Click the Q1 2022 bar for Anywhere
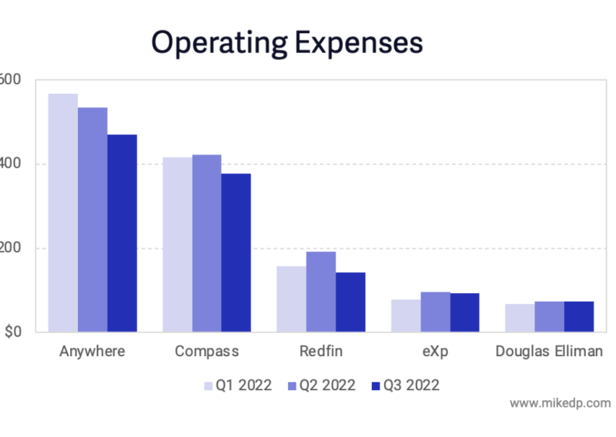click(63, 213)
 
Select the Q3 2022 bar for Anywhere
click(122, 233)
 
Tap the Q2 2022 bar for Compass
click(206, 243)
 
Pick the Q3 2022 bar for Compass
click(236, 252)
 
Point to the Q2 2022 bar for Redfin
click(321, 292)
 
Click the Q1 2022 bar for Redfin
click(291, 299)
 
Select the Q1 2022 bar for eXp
click(406, 315)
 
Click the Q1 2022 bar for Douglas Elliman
click(520, 318)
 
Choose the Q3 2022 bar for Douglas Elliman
click(578, 316)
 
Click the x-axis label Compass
click(206, 352)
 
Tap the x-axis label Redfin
click(321, 352)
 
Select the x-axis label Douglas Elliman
click(549, 352)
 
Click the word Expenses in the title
click(361, 43)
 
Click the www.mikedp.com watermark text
click(560, 402)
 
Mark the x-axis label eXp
click(435, 352)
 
